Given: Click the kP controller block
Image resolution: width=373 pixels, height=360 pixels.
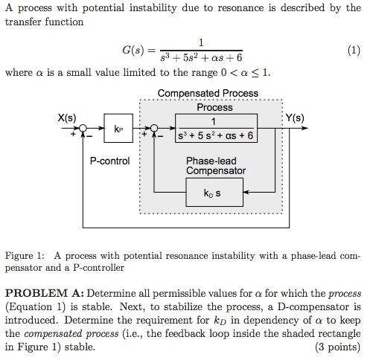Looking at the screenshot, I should [x=119, y=129].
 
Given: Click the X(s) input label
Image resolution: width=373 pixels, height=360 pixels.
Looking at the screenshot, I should [x=67, y=118].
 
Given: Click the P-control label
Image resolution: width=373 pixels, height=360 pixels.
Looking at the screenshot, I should [x=109, y=160].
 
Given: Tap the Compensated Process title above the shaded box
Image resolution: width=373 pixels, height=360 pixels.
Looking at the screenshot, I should [x=208, y=94].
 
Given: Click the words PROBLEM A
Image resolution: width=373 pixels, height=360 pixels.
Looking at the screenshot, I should [x=45, y=293].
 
